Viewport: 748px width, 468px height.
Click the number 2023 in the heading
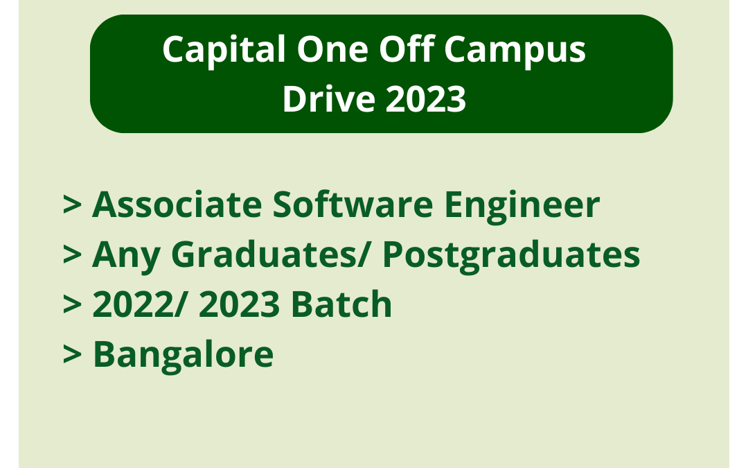426,100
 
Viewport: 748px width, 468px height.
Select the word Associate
177,205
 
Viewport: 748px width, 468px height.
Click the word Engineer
522,206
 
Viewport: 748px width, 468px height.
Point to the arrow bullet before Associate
73,206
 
